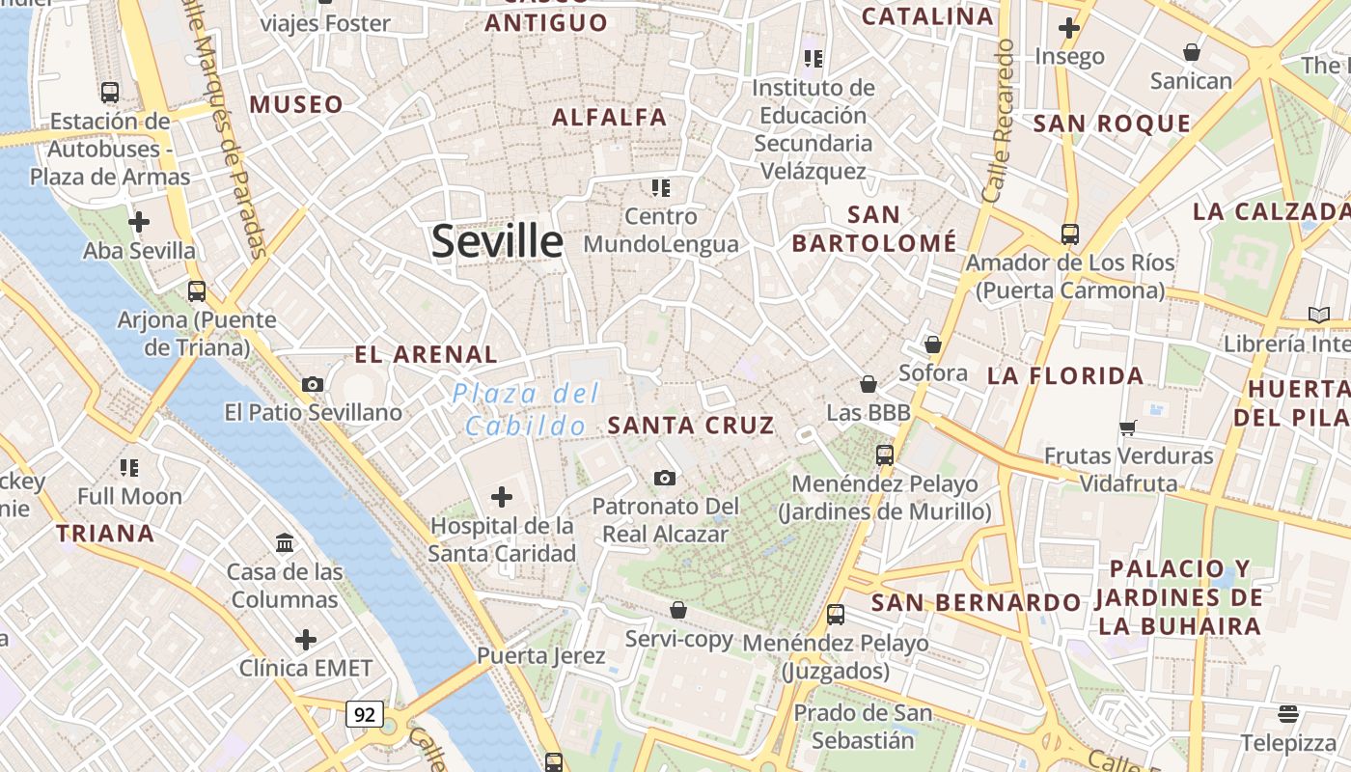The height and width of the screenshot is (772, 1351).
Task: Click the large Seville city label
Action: pyautogui.click(x=497, y=241)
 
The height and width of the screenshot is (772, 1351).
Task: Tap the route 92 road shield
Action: pyautogui.click(x=365, y=715)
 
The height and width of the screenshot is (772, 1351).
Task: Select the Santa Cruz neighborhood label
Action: pyautogui.click(x=691, y=426)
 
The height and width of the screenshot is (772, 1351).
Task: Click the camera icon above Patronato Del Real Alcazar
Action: pyautogui.click(x=664, y=478)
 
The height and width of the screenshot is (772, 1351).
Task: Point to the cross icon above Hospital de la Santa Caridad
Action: pyautogui.click(x=502, y=497)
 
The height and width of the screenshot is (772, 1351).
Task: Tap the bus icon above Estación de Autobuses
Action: pyautogui.click(x=110, y=93)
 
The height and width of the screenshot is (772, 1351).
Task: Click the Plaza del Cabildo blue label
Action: pyautogui.click(x=526, y=409)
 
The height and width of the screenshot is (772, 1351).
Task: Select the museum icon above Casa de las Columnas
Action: pyautogui.click(x=285, y=543)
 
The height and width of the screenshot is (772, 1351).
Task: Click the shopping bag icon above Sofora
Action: pyautogui.click(x=933, y=345)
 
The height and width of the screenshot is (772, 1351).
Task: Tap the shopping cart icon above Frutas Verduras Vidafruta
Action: pyautogui.click(x=1128, y=427)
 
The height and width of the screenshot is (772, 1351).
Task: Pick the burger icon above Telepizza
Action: pyautogui.click(x=1288, y=714)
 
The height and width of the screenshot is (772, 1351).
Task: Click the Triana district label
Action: pyautogui.click(x=105, y=534)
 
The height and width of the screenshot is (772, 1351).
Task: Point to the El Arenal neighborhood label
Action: pyautogui.click(x=427, y=354)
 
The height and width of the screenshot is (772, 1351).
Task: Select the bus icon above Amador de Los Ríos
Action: pyautogui.click(x=1069, y=234)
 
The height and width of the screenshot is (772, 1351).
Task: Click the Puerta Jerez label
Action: pyautogui.click(x=541, y=656)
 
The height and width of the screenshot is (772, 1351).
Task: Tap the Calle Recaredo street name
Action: pyautogui.click(x=998, y=121)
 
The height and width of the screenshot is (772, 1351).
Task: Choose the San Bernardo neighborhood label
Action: pyautogui.click(x=976, y=603)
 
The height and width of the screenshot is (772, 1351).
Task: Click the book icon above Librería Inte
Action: pyautogui.click(x=1318, y=315)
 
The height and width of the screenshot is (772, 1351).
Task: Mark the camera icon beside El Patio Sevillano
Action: pyautogui.click(x=312, y=384)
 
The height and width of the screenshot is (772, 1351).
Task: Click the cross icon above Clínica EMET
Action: pyautogui.click(x=306, y=640)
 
